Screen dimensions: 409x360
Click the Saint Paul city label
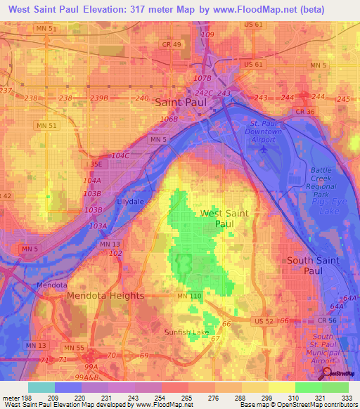pyautogui.click(x=181, y=103)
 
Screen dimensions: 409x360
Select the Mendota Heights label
pyautogui.click(x=105, y=296)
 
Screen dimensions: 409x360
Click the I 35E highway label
pyautogui.click(x=94, y=164)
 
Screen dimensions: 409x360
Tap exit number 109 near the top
pyautogui.click(x=207, y=34)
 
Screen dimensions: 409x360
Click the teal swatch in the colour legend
pyautogui.click(x=41, y=387)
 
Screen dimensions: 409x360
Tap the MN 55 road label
pyautogui.click(x=74, y=348)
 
